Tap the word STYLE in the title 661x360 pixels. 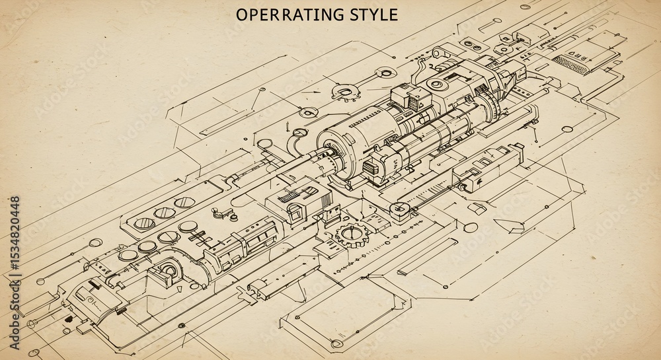coord(374,15)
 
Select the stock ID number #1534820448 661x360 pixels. coord(15,239)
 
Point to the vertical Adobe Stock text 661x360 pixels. coord(15,318)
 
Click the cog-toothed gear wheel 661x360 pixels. coord(351,234)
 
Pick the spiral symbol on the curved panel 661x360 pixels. coord(90,300)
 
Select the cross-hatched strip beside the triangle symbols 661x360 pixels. coord(569,63)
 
